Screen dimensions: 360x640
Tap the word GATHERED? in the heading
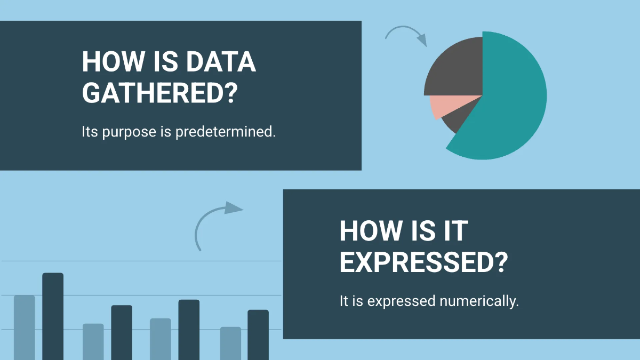click(x=159, y=93)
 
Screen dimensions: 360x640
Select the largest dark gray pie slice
click(x=456, y=69)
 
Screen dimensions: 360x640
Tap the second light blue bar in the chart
click(x=93, y=341)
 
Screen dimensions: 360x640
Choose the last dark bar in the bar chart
click(x=258, y=334)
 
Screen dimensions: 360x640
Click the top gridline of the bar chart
click(x=160, y=261)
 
